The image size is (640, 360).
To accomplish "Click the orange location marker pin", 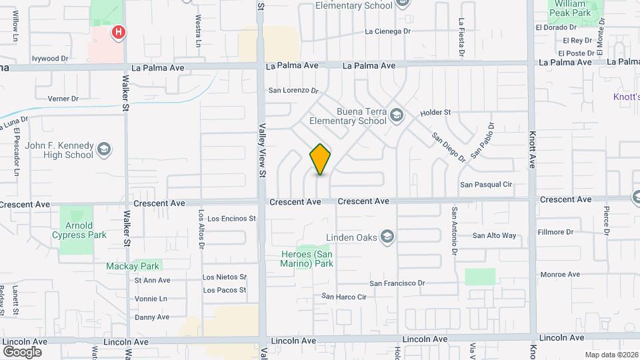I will click(321, 159).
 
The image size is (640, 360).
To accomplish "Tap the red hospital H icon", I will click(119, 31).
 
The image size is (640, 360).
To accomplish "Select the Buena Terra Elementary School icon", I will click(397, 115).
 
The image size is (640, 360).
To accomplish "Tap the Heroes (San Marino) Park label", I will click(305, 259).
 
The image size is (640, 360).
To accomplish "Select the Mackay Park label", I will click(133, 266).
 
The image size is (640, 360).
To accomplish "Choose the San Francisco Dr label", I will click(397, 283).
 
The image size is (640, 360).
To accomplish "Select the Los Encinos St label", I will click(231, 218).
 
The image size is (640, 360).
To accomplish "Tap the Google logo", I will click(22, 351).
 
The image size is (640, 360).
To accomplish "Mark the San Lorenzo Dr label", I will click(293, 90).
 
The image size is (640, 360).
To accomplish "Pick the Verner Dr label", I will click(63, 99).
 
